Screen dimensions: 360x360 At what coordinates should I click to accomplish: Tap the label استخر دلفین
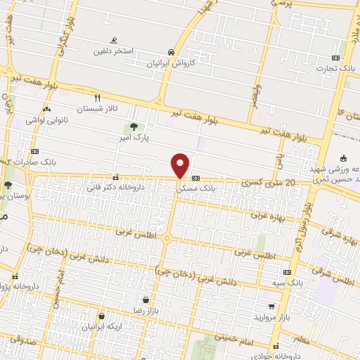114,52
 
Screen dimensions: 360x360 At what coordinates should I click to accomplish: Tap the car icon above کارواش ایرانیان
171,52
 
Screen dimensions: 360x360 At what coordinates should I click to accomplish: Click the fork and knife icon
98,98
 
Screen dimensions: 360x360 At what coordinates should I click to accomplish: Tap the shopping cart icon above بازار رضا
146,299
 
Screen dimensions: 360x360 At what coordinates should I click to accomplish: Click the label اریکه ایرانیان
103,327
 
